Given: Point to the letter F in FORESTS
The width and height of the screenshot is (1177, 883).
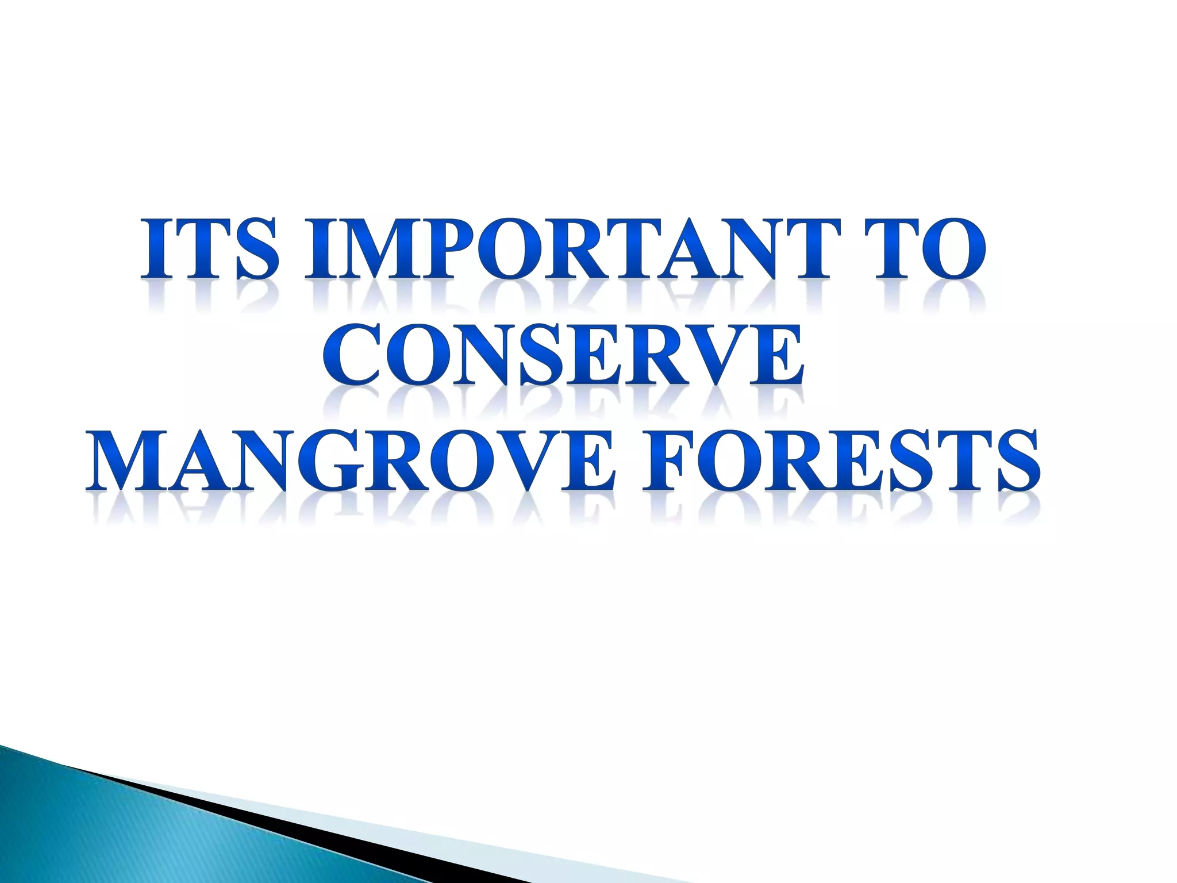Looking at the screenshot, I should click(667, 460).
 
